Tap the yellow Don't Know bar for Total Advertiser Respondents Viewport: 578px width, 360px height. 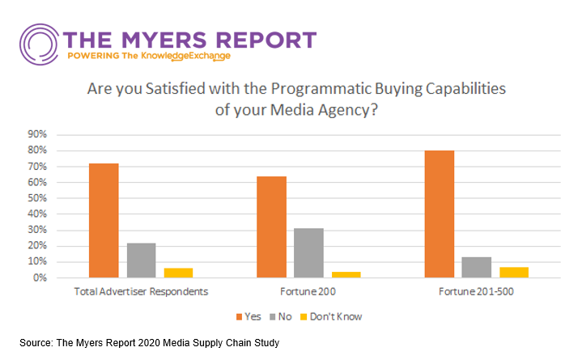click(x=178, y=273)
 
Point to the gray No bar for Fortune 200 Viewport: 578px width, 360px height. click(x=308, y=252)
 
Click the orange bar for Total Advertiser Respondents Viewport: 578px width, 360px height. click(x=104, y=220)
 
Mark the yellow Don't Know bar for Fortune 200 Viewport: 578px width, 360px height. click(x=346, y=274)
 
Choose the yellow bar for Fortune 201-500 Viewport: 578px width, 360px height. click(x=514, y=272)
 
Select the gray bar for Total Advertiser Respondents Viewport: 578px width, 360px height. click(x=141, y=260)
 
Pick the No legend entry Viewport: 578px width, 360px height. click(x=284, y=316)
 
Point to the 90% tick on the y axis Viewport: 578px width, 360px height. click(x=38, y=134)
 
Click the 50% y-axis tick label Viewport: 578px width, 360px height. click(x=38, y=198)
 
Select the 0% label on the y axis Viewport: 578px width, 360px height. click(x=40, y=277)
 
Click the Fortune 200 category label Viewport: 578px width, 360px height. click(x=308, y=292)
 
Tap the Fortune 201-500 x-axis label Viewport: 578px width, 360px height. click(x=477, y=292)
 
